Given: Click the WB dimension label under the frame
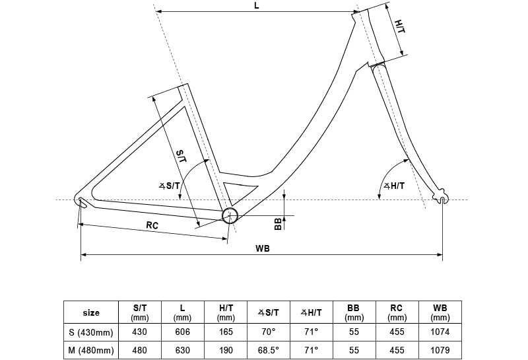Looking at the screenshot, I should pyautogui.click(x=262, y=248).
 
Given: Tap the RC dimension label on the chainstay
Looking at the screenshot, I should pyautogui.click(x=152, y=225).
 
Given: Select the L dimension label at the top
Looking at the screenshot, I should pyautogui.click(x=257, y=6).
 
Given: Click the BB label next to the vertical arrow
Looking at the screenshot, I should pyautogui.click(x=279, y=224).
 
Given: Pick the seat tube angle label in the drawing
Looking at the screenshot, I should pyautogui.click(x=170, y=186).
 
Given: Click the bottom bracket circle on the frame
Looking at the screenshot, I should pyautogui.click(x=230, y=215).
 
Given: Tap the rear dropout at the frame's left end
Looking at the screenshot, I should pyautogui.click(x=81, y=201).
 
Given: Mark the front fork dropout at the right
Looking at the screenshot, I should pyautogui.click(x=442, y=198).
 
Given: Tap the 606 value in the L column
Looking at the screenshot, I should pyautogui.click(x=183, y=332).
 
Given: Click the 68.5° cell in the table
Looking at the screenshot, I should pyautogui.click(x=269, y=350).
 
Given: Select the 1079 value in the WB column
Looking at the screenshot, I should pyautogui.click(x=440, y=350).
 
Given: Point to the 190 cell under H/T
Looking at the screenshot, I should pyautogui.click(x=226, y=350).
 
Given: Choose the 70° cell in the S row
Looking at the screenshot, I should pyautogui.click(x=269, y=332).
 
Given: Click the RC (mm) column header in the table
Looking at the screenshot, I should pyautogui.click(x=397, y=312).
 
